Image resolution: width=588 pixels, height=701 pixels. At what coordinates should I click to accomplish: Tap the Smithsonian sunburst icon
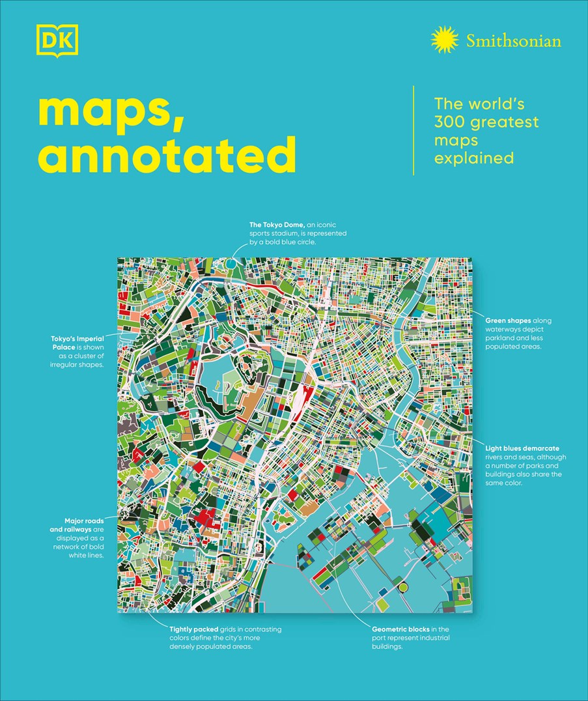coord(445,40)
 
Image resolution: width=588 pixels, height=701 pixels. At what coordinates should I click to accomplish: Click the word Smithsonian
coord(513,41)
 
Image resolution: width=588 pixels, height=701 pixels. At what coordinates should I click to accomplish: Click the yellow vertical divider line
coord(414,130)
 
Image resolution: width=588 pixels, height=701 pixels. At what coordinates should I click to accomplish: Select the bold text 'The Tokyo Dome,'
coord(277,224)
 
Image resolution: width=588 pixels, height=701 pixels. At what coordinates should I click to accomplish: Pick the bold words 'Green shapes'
coord(509,321)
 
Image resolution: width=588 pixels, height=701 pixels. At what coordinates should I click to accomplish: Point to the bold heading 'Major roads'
coord(85,521)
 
